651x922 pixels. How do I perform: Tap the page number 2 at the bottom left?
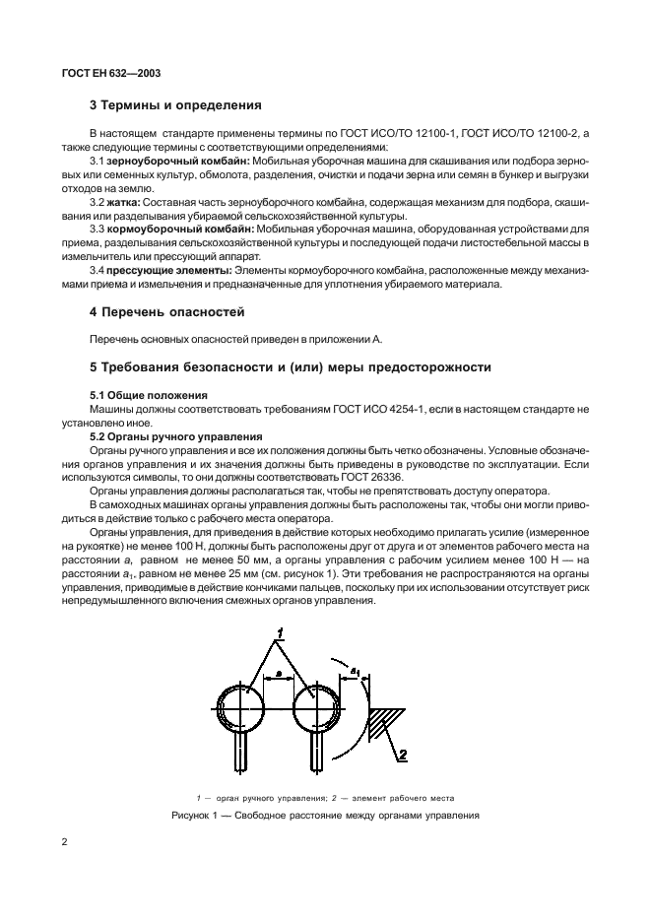(x=65, y=842)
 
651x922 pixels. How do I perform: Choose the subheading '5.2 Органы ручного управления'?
(x=175, y=435)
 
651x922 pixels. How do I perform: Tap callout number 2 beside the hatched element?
(x=401, y=757)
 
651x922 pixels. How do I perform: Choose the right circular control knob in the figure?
(x=316, y=707)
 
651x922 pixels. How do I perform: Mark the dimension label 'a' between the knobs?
(x=279, y=673)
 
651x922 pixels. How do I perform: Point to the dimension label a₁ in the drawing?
(x=356, y=672)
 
